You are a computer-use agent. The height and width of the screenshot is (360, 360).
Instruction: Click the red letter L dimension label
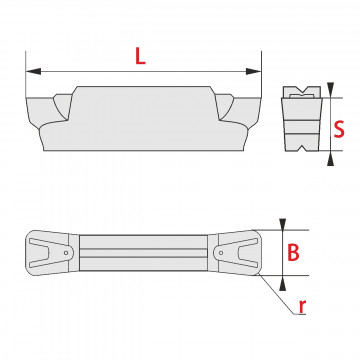(x=140, y=56)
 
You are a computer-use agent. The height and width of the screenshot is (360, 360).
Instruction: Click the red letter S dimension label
(x=339, y=130)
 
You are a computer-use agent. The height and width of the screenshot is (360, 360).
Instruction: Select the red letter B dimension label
(x=293, y=253)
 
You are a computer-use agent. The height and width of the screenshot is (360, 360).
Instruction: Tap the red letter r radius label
(x=302, y=307)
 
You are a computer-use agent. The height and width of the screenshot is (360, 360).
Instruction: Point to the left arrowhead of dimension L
(x=33, y=71)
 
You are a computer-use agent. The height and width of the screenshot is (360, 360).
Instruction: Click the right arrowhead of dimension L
(x=253, y=71)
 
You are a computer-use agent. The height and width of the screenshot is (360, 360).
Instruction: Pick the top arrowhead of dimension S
(x=330, y=90)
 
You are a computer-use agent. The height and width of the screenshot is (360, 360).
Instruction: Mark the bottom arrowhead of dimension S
(x=330, y=158)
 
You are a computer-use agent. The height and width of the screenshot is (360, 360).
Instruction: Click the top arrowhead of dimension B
(x=283, y=224)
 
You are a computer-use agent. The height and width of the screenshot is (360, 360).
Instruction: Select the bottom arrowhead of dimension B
(x=283, y=283)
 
